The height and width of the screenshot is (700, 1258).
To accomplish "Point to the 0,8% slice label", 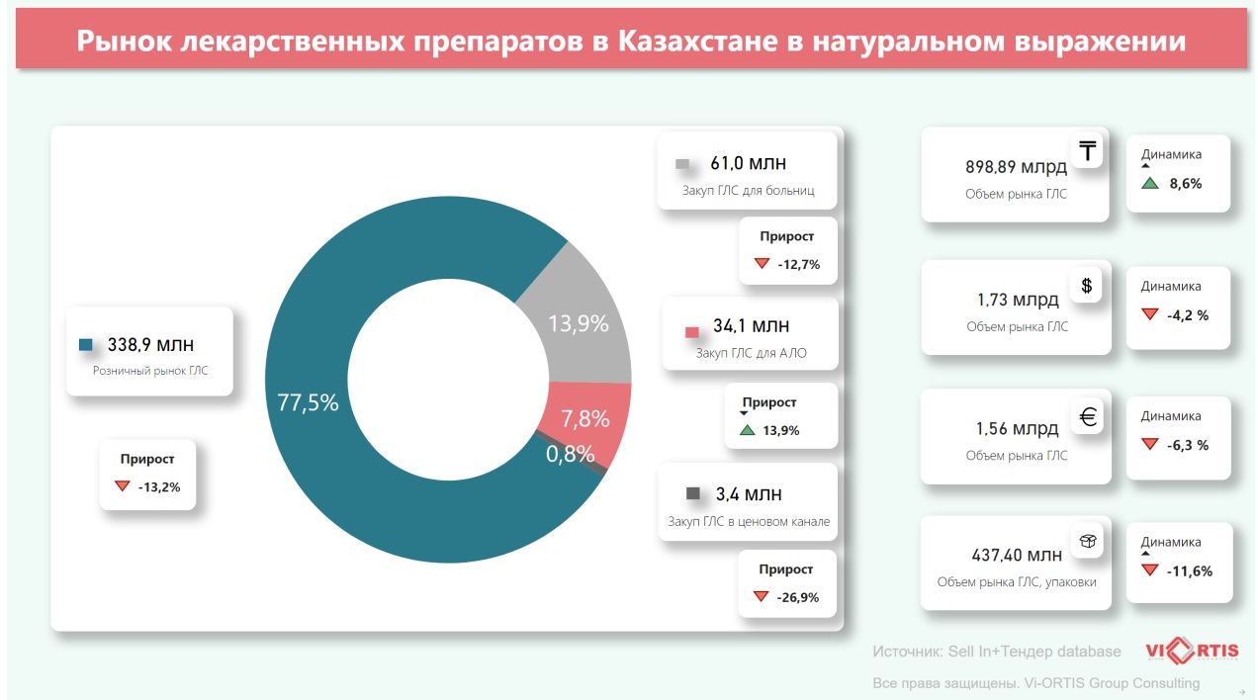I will click(x=571, y=454).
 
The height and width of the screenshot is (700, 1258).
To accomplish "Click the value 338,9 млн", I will click(x=150, y=344).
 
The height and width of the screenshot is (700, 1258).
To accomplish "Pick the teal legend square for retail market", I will click(x=85, y=345).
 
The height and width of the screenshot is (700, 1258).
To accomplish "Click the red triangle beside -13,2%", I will click(x=123, y=486).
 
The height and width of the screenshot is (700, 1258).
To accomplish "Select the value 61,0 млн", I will click(x=749, y=163).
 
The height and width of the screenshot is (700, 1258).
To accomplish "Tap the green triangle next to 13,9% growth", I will click(x=747, y=430).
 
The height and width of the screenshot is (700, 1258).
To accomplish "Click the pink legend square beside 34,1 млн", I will click(x=691, y=330).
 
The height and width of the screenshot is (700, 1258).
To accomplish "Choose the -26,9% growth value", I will click(x=798, y=597).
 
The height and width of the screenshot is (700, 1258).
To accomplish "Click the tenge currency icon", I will click(x=1087, y=151).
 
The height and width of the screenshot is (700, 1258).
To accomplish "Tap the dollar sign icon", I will click(x=1086, y=286).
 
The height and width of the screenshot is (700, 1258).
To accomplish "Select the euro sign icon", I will click(x=1087, y=416).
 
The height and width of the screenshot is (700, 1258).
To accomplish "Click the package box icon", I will click(x=1087, y=542).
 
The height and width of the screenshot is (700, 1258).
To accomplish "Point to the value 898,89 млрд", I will click(x=1016, y=167).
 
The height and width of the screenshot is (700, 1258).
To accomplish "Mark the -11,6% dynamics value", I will click(x=1189, y=570).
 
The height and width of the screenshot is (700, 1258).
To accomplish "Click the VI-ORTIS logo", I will click(x=1191, y=651).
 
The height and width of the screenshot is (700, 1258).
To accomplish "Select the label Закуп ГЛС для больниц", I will click(x=748, y=190).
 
